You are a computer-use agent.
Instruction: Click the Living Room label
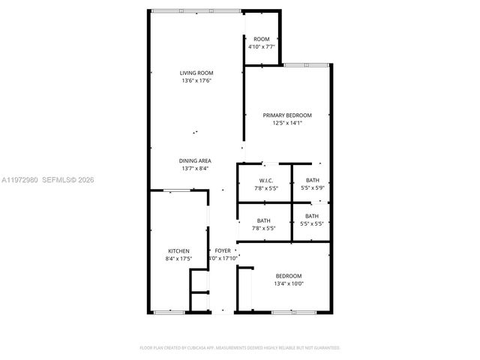click(x=196, y=73)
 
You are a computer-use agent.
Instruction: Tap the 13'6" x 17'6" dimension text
click(x=196, y=80)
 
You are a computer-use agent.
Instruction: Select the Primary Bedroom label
click(x=286, y=115)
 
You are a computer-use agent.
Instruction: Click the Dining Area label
click(x=194, y=160)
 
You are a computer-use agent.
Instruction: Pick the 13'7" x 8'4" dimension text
click(x=194, y=169)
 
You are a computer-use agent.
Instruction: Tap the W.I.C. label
click(x=265, y=180)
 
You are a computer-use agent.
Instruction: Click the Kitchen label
click(x=178, y=250)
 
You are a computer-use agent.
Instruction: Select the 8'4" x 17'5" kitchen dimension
click(x=178, y=258)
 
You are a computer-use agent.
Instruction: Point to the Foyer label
click(x=223, y=250)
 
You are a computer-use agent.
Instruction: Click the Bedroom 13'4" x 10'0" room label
click(x=288, y=275)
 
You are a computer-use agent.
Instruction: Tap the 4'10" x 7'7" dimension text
click(x=262, y=46)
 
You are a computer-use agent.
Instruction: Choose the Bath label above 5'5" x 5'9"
click(x=313, y=180)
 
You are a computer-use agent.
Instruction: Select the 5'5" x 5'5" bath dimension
click(x=312, y=224)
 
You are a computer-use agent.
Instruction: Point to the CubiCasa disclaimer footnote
click(x=239, y=348)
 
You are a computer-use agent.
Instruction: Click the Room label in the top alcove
click(x=261, y=39)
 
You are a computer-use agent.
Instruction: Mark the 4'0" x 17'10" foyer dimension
click(x=223, y=258)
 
